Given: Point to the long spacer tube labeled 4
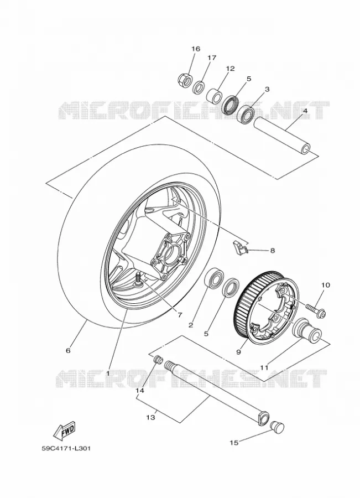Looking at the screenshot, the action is point(282,136).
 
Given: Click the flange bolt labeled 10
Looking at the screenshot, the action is point(316,310).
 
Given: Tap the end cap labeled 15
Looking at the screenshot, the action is point(277,428).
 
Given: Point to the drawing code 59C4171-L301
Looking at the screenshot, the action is point(66,449).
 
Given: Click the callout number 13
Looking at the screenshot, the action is point(151,417).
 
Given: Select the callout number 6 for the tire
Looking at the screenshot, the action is point(67,351).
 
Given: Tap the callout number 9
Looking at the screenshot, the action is point(239,351).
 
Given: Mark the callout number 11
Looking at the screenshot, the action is point(264,367).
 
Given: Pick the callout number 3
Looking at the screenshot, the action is point(267,90).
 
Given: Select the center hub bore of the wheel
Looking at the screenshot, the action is point(170,254).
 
